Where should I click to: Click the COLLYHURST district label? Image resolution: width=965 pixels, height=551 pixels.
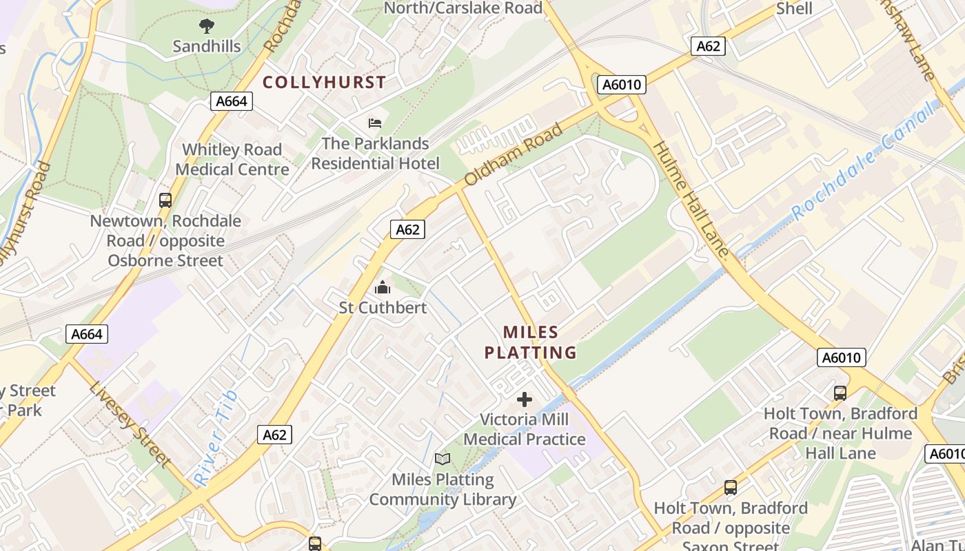(324, 82)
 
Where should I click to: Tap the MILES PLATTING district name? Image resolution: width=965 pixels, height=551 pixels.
(530, 342)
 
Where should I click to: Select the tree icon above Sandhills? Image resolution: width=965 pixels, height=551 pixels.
(206, 27)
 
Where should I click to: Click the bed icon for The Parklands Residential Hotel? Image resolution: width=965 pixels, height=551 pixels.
(375, 123)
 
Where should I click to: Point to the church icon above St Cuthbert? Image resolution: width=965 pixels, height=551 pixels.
(383, 287)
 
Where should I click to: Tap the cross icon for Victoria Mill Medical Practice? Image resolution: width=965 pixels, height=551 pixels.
(525, 399)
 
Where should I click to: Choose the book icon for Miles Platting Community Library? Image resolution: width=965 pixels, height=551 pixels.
(443, 459)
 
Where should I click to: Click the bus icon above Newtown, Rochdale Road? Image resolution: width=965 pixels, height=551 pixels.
(165, 200)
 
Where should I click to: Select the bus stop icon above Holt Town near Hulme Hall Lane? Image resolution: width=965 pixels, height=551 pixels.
(840, 393)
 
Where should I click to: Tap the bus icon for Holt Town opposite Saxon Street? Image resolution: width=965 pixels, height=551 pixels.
(731, 488)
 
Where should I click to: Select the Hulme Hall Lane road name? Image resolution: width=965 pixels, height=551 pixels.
(691, 199)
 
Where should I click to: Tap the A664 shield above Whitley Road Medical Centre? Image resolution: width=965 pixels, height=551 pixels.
(231, 101)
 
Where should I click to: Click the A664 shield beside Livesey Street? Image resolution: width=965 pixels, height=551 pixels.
(88, 334)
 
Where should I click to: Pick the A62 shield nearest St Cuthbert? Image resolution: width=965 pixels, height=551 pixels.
(407, 229)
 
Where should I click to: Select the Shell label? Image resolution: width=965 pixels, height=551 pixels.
(794, 8)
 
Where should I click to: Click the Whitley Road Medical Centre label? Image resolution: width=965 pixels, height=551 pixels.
(232, 159)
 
